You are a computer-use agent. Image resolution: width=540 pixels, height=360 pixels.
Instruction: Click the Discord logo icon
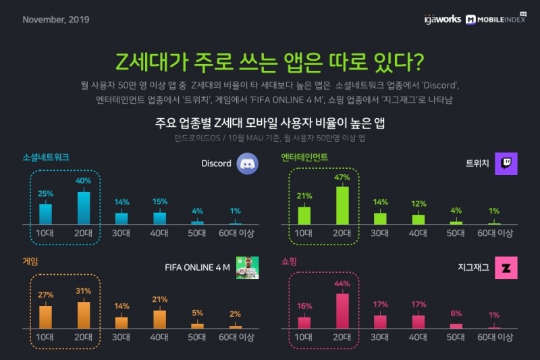pos(247,163)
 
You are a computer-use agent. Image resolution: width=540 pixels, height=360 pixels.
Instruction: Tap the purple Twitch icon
pos(506,163)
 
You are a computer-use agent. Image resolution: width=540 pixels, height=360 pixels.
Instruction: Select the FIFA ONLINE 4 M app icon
pos(247,267)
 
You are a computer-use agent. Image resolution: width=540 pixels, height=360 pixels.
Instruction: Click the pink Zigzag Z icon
pos(506,267)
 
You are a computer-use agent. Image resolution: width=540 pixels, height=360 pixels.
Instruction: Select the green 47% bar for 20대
pos(342,205)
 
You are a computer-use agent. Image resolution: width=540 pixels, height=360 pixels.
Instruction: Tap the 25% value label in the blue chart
pos(45,193)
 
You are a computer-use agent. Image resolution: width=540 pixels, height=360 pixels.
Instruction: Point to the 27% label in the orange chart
pos(45,294)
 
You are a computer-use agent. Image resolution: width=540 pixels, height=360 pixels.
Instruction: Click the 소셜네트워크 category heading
pos(45,157)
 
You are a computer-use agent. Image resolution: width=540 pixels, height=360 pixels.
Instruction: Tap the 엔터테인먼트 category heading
pos(304,157)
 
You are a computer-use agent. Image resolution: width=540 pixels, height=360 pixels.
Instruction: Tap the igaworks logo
pos(441,20)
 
